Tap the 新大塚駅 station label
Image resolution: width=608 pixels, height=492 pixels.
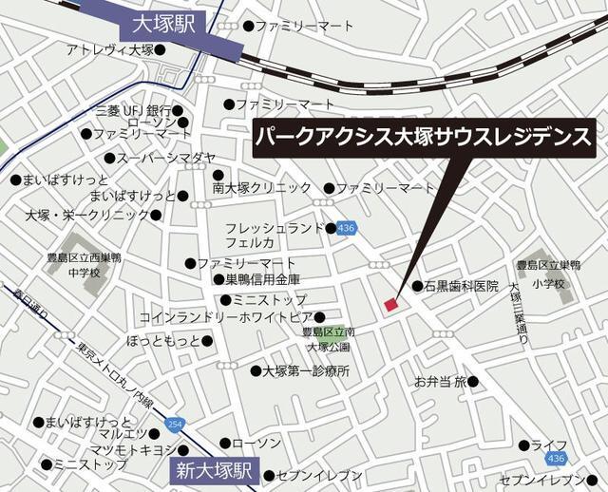point(216,468)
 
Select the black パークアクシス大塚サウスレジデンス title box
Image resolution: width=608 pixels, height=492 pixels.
point(424,140)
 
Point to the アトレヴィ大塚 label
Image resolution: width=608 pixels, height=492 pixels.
point(111,49)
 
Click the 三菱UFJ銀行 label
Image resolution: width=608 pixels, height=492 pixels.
point(132,111)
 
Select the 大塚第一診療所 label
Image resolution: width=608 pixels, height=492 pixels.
point(306,370)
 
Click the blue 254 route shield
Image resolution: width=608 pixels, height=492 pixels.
point(174,423)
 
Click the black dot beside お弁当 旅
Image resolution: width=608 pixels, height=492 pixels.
point(474,382)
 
